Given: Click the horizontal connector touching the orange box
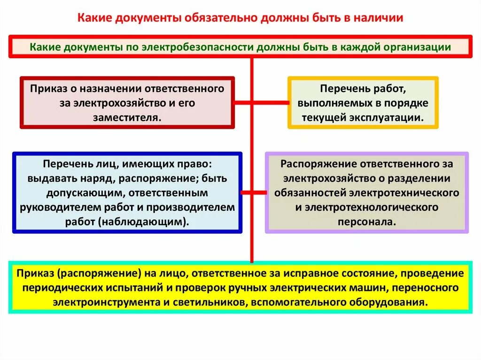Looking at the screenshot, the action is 271,102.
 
